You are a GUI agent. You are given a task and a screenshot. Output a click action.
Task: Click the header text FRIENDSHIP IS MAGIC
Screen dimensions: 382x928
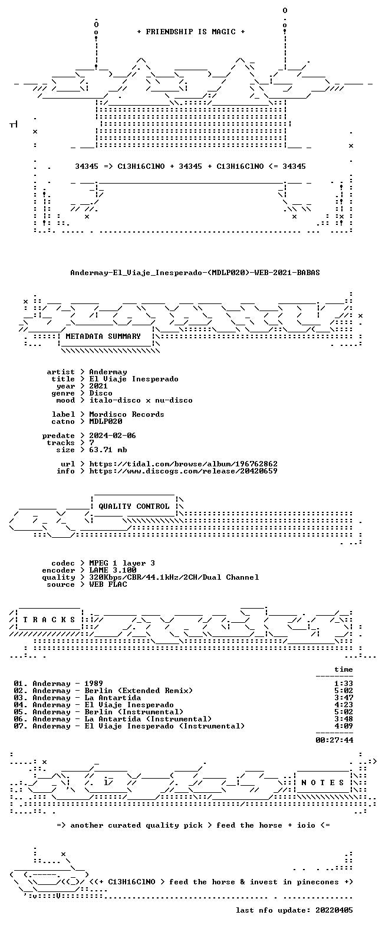tap(191, 31)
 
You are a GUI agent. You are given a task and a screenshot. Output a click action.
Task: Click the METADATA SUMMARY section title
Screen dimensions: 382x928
tap(103, 336)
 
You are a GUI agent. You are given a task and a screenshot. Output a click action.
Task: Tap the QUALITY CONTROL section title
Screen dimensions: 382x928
tap(134, 507)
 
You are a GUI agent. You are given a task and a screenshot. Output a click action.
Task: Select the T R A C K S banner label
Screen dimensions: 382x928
tap(50, 620)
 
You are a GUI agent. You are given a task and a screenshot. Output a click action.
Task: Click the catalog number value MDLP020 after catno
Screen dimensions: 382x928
tap(106, 421)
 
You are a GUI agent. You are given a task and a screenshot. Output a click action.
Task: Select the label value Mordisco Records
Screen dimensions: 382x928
tap(127, 414)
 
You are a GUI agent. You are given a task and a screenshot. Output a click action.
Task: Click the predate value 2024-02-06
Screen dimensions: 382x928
tap(113, 436)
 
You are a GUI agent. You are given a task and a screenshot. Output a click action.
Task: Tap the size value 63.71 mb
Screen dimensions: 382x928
tap(108, 449)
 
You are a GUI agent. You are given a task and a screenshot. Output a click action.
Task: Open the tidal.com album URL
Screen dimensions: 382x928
tap(183, 464)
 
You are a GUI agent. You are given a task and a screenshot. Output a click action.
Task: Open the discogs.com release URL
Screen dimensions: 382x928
tap(183, 471)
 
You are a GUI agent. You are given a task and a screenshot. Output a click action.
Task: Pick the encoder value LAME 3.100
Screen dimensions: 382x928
tap(113, 570)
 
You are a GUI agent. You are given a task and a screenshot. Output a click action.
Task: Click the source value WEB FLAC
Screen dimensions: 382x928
tap(108, 584)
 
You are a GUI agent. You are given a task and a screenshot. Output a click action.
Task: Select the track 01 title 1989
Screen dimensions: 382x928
tap(94, 684)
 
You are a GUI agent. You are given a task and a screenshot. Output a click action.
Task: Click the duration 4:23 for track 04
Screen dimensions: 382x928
tap(344, 705)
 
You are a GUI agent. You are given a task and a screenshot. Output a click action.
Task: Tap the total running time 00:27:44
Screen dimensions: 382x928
tap(334, 740)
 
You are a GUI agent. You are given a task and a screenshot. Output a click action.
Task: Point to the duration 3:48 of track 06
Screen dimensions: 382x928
tap(344, 719)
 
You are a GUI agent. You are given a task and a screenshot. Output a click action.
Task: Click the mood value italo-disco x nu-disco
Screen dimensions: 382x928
tap(141, 400)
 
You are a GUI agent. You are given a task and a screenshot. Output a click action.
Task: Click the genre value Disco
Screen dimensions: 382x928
tap(101, 393)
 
